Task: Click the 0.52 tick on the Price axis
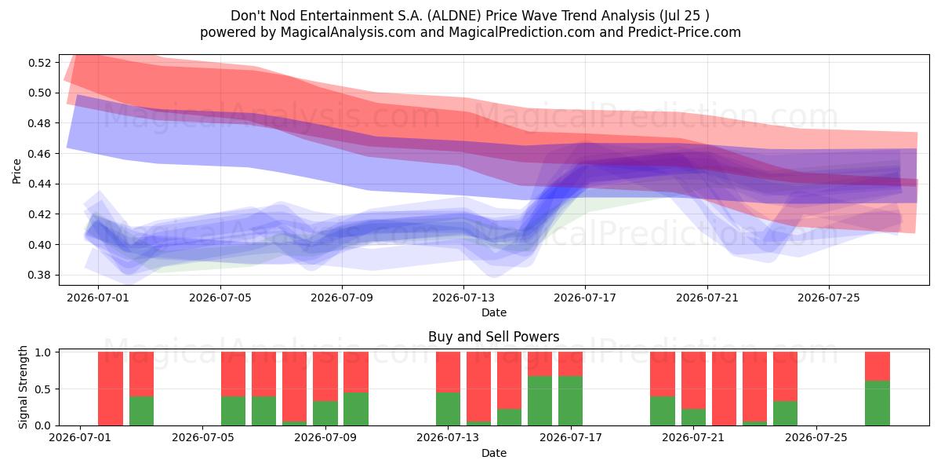[39, 63]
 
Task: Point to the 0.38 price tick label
[39, 275]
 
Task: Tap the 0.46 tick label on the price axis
[39, 154]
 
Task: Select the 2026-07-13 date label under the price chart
[463, 298]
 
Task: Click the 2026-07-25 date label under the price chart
[829, 298]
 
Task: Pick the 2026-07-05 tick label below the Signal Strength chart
[203, 438]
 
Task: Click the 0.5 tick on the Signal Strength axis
[43, 389]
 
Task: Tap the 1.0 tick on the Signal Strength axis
[43, 352]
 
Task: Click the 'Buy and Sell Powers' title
[493, 337]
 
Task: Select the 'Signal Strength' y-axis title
[23, 387]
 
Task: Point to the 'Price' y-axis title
[16, 171]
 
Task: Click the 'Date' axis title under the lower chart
[493, 453]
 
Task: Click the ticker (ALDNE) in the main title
[454, 16]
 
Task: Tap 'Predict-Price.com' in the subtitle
[685, 32]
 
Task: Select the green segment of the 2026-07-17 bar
[571, 401]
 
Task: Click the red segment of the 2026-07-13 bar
[448, 372]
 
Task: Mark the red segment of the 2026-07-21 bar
[693, 381]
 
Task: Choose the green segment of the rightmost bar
[877, 403]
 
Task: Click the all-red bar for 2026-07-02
[111, 389]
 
